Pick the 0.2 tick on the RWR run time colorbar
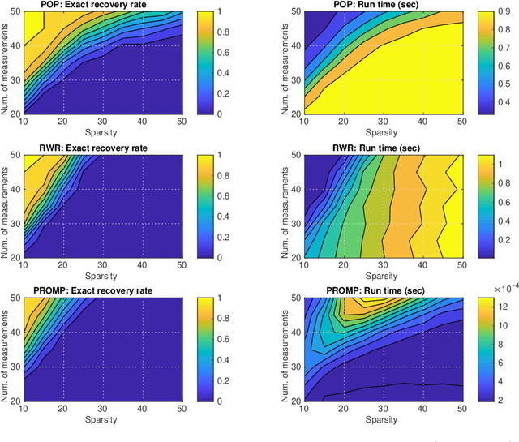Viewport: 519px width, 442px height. click(x=496, y=241)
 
